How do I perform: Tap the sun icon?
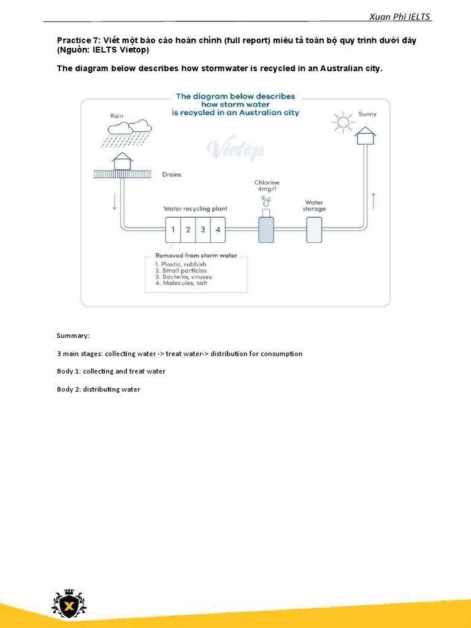pyautogui.click(x=343, y=122)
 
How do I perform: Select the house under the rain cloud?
pyautogui.click(x=122, y=161)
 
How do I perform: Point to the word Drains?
pyautogui.click(x=172, y=174)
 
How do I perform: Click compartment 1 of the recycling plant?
pyautogui.click(x=174, y=229)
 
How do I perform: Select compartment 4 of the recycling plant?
pyautogui.click(x=218, y=229)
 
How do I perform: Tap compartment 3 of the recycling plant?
pyautogui.click(x=203, y=229)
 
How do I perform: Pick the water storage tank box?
pyautogui.click(x=314, y=229)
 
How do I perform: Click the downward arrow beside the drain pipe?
pyautogui.click(x=115, y=203)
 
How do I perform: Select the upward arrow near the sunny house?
pyautogui.click(x=373, y=200)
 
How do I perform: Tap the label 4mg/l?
pyautogui.click(x=267, y=189)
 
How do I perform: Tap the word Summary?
pyautogui.click(x=73, y=336)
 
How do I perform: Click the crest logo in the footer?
pyautogui.click(x=69, y=605)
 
